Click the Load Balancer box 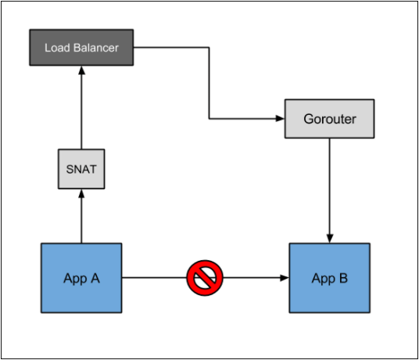click(x=81, y=48)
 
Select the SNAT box click(x=81, y=169)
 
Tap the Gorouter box click(x=329, y=119)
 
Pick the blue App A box click(x=81, y=278)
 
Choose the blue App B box click(x=329, y=278)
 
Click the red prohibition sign click(x=205, y=278)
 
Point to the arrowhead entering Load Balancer click(x=81, y=70)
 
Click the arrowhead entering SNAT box click(x=81, y=194)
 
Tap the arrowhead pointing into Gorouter click(x=280, y=118)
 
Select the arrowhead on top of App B click(x=330, y=238)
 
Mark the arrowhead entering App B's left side click(x=285, y=278)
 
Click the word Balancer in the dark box click(x=96, y=48)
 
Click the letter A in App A click(x=95, y=278)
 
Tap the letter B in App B click(x=343, y=278)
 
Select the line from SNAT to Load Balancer click(x=81, y=107)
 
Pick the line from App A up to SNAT click(x=81, y=216)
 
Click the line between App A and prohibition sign click(x=154, y=278)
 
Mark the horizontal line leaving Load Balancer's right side click(x=171, y=48)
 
